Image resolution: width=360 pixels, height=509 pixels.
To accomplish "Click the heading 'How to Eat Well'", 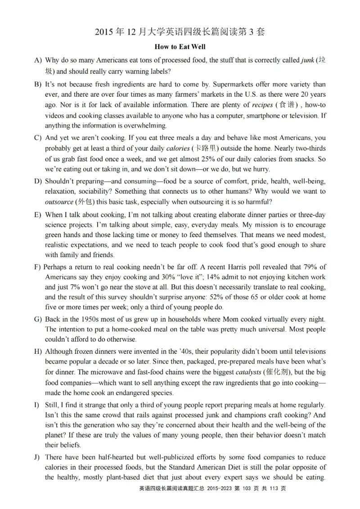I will [x=180, y=46].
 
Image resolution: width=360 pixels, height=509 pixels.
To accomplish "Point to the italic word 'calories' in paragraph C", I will [x=178, y=148].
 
